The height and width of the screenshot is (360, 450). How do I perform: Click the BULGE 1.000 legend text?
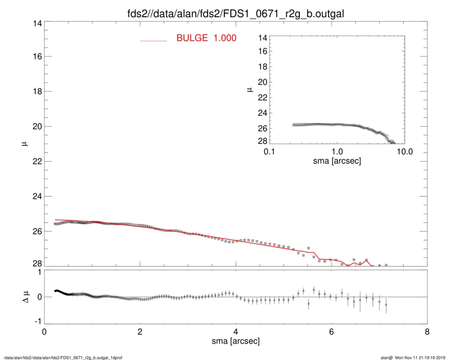206,38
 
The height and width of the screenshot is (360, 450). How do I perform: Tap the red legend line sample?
153,40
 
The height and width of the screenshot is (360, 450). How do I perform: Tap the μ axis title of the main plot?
23,145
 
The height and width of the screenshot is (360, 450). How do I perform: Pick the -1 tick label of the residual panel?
36,322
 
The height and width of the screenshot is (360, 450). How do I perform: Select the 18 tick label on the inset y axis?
262,68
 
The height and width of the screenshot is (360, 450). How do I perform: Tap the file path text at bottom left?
63,357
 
